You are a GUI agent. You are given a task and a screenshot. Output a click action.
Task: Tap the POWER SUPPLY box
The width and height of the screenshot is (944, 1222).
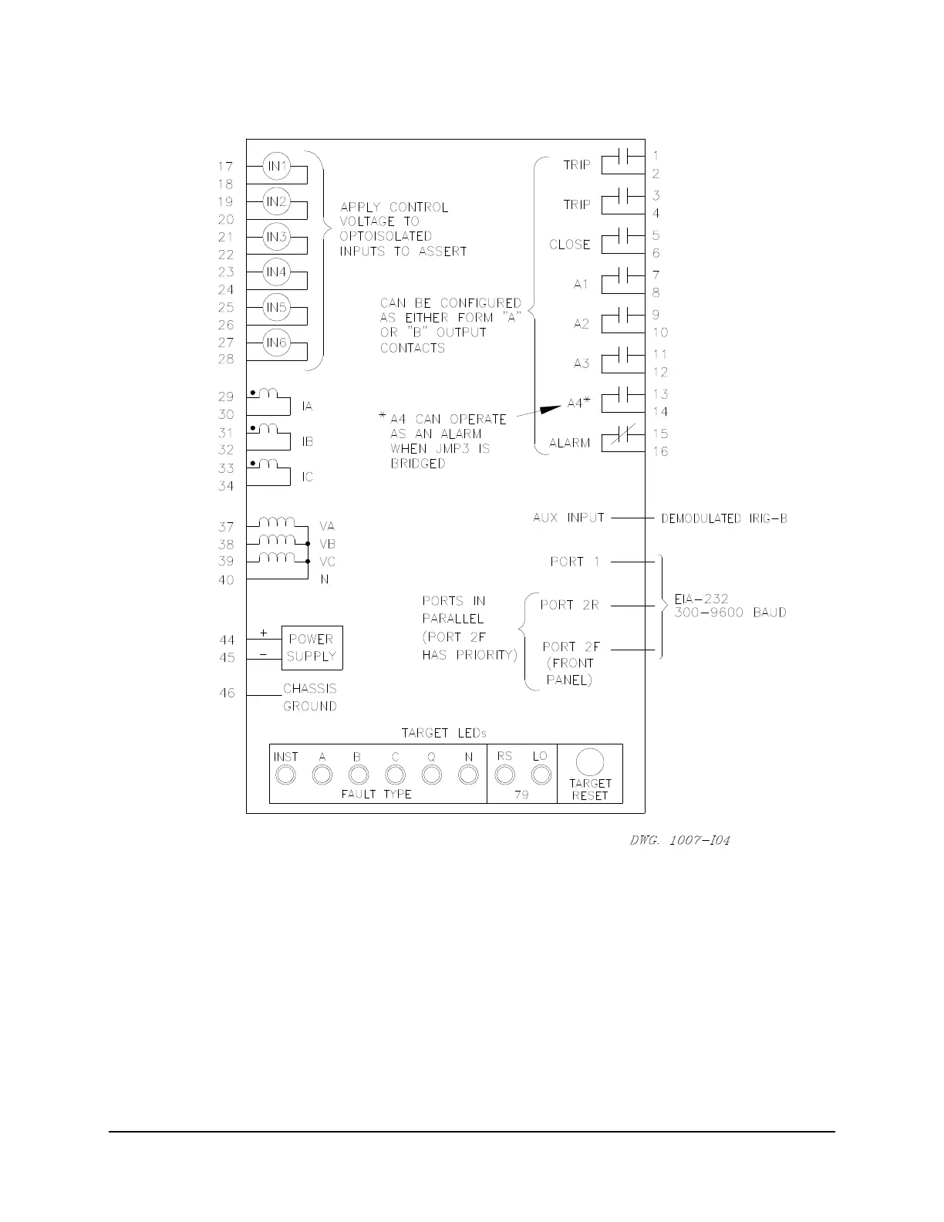point(312,648)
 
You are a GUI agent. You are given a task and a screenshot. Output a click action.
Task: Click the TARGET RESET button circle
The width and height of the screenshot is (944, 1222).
point(590,762)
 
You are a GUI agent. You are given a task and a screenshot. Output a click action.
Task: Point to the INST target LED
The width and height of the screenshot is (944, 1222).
point(286,775)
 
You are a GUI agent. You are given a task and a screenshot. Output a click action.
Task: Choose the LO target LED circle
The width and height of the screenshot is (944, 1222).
point(541,775)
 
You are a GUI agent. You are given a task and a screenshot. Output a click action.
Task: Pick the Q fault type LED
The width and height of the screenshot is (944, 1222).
point(432,775)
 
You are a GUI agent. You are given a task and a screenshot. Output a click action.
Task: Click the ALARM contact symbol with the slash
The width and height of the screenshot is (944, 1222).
point(624,438)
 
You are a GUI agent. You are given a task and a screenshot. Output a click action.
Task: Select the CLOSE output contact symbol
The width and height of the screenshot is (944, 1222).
point(624,235)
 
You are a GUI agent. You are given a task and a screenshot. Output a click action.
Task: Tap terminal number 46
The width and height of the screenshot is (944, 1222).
point(226,694)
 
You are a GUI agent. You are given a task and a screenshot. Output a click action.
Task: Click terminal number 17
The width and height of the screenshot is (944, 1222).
point(225,167)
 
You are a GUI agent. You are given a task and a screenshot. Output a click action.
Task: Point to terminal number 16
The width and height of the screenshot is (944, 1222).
point(661,452)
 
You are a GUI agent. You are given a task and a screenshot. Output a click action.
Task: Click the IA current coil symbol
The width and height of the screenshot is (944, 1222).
point(268,395)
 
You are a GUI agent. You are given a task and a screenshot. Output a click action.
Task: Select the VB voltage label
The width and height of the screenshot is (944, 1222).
point(327,544)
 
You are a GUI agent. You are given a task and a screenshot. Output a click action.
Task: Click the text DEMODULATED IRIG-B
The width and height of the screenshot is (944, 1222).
point(724,519)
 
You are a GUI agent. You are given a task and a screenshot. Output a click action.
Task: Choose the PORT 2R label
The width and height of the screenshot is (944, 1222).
point(569,606)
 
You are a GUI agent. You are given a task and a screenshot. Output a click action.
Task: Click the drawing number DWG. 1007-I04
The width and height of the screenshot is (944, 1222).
point(679,839)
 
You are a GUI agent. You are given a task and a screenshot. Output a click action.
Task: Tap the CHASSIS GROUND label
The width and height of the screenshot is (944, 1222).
point(309,697)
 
